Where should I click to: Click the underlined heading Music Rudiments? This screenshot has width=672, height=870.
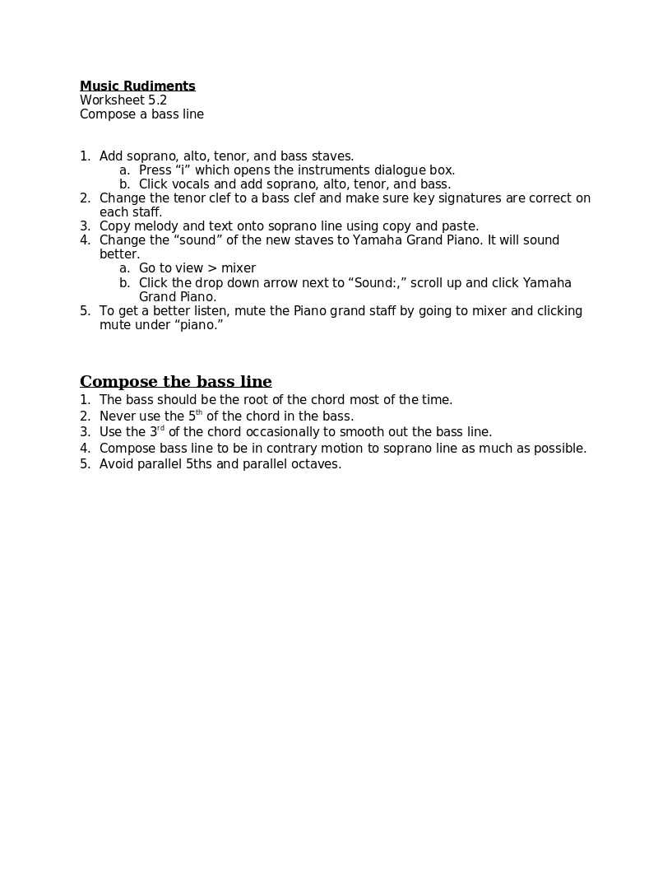tap(137, 86)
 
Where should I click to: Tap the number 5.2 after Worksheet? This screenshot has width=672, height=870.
tap(157, 100)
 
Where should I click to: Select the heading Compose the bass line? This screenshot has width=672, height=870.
tap(175, 382)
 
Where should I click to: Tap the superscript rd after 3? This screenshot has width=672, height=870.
tap(161, 429)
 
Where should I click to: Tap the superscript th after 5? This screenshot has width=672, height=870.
tap(199, 413)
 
